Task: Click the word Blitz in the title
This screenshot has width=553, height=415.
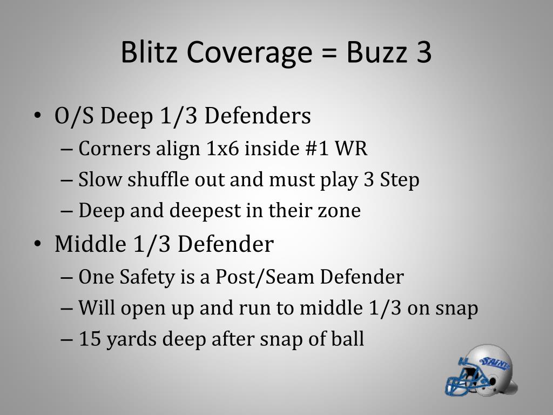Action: click(x=149, y=52)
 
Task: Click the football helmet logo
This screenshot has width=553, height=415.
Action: click(x=481, y=372)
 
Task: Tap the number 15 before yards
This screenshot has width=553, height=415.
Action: click(x=88, y=339)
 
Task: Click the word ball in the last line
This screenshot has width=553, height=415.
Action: click(x=349, y=339)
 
